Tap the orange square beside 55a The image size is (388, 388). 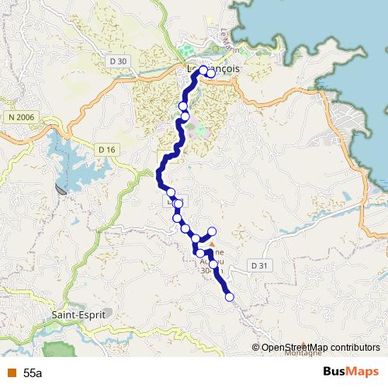[10, 373]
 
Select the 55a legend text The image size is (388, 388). [33, 373]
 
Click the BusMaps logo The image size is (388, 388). [351, 372]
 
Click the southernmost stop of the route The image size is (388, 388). [229, 296]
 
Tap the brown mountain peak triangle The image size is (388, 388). [212, 243]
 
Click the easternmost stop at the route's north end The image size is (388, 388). [211, 74]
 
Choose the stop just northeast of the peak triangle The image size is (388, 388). [212, 231]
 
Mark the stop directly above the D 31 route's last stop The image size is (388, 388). [213, 265]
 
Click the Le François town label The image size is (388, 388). [214, 68]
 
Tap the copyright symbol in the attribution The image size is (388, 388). [256, 347]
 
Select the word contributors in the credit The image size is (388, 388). [353, 347]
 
